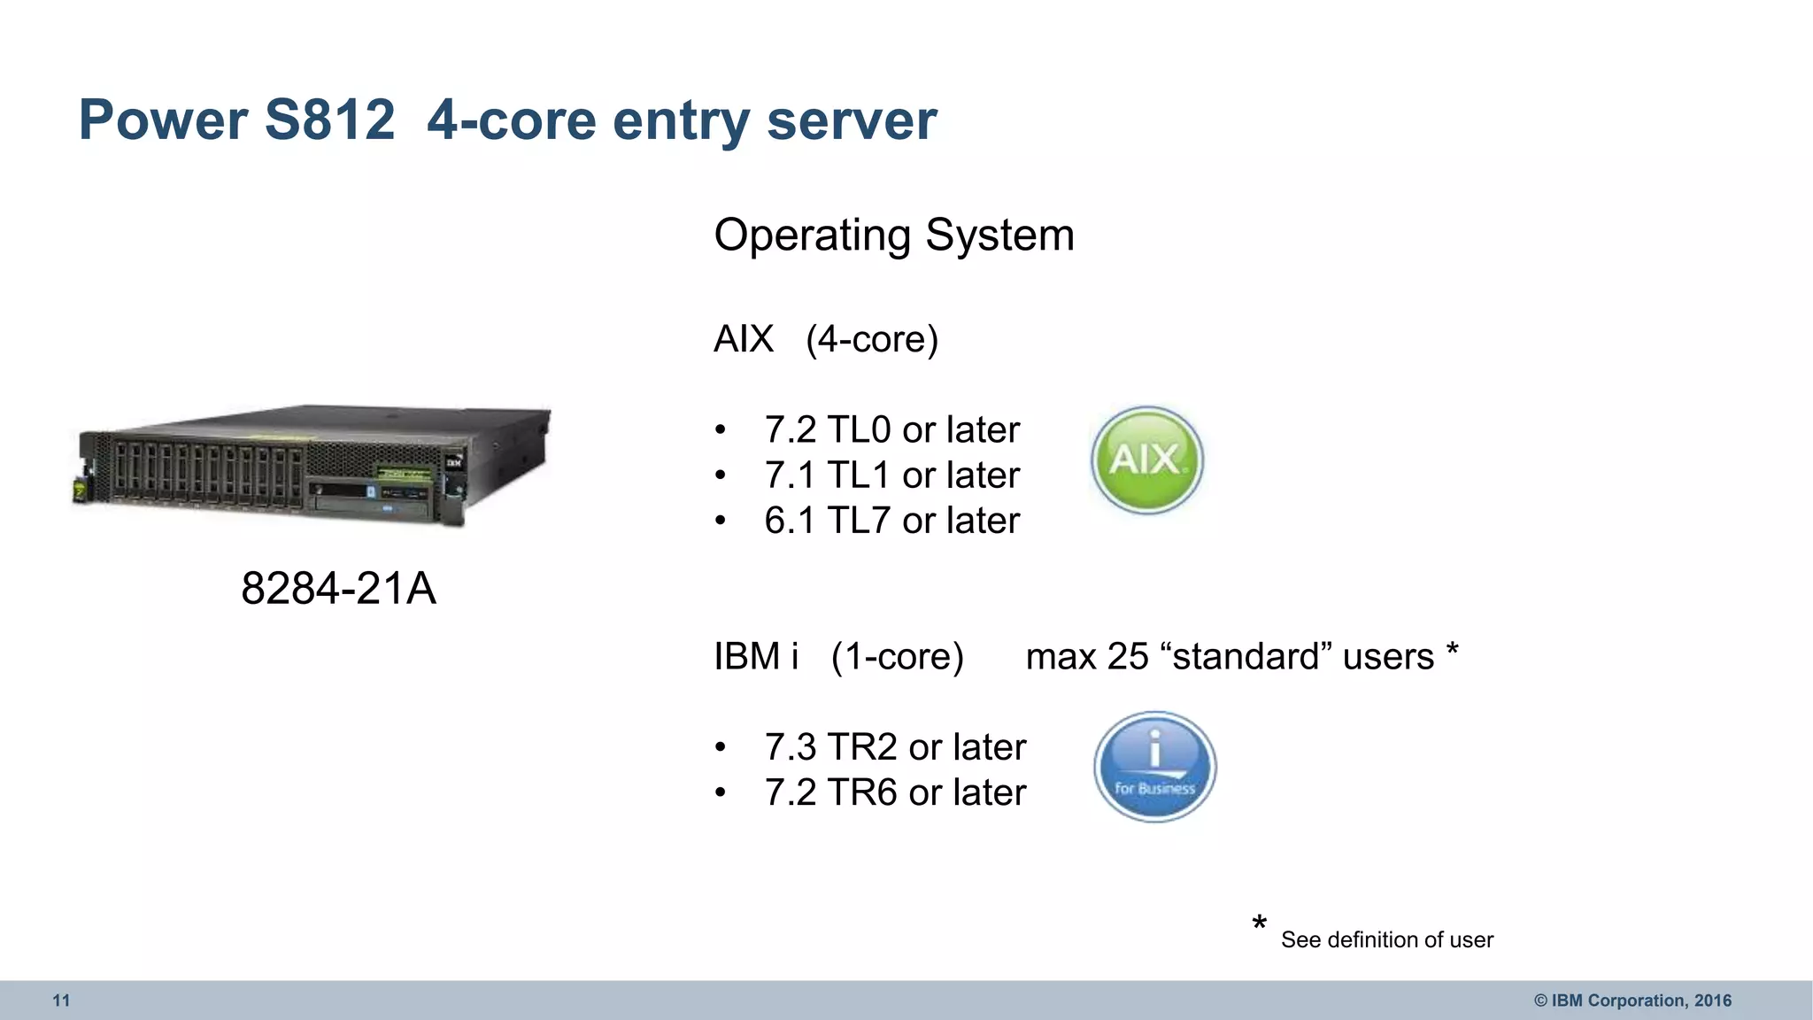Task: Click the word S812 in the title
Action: [x=329, y=120]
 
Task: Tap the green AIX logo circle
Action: [x=1146, y=460]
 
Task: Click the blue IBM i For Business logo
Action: [x=1154, y=767]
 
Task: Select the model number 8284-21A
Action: [x=338, y=589]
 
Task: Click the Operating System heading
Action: [x=894, y=236]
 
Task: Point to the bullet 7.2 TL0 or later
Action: [x=891, y=430]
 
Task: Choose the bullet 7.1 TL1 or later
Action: [x=891, y=475]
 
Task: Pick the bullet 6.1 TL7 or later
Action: [x=891, y=521]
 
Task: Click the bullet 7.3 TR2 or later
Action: [x=894, y=747]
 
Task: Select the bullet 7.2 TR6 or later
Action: [x=894, y=792]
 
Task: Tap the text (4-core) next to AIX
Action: [x=872, y=339]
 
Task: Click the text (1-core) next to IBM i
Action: [x=897, y=657]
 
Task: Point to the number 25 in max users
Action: [x=1127, y=657]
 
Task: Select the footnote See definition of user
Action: [x=1386, y=939]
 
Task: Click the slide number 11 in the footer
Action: [x=61, y=1001]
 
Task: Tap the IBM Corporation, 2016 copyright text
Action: [x=1632, y=1001]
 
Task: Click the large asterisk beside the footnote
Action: [x=1259, y=924]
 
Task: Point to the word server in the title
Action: [x=851, y=120]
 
